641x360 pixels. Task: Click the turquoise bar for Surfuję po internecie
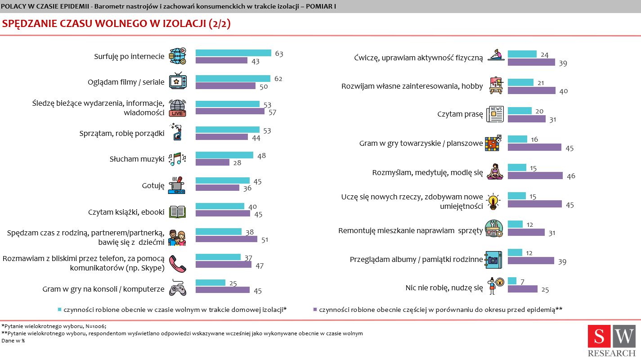tap(233, 53)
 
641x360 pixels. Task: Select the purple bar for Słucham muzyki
tap(212, 162)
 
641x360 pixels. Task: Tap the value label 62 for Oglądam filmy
tap(278, 79)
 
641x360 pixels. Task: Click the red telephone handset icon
tap(177, 263)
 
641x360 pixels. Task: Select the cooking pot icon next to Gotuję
tap(177, 185)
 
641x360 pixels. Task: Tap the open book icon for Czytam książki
tap(177, 212)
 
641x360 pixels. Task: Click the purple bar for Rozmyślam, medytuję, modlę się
tap(535, 175)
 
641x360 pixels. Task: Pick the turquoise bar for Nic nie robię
tap(512, 281)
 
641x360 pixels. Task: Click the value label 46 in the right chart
tap(571, 176)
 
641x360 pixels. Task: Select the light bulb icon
tap(493, 202)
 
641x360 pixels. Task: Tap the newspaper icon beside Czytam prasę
tap(495, 114)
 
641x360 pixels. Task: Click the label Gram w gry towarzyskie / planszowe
tap(421, 144)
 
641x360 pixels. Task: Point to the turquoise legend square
tap(59, 310)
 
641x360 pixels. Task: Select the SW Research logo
tap(611, 341)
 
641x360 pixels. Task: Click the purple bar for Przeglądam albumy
tap(531, 261)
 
